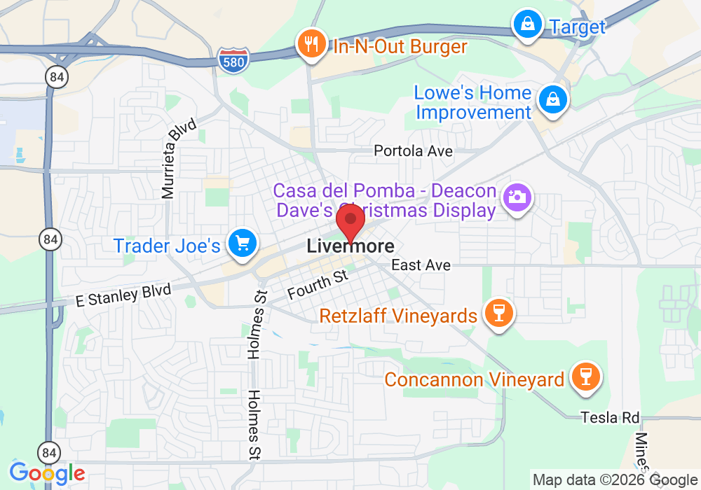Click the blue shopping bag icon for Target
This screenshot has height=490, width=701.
coord(526,25)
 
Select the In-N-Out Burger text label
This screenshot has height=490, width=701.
coord(400,47)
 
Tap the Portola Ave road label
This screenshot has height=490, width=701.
coord(413,150)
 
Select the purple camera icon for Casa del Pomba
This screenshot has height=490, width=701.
coord(517,197)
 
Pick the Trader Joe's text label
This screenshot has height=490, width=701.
coord(167,246)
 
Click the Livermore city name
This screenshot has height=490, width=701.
coord(350,246)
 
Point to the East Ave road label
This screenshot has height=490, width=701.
coord(421,265)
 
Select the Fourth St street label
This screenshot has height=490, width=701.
coord(318,285)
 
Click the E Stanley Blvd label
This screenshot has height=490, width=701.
coord(123,295)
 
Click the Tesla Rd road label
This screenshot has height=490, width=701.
coord(610,418)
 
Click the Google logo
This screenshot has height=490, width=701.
coord(47,472)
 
